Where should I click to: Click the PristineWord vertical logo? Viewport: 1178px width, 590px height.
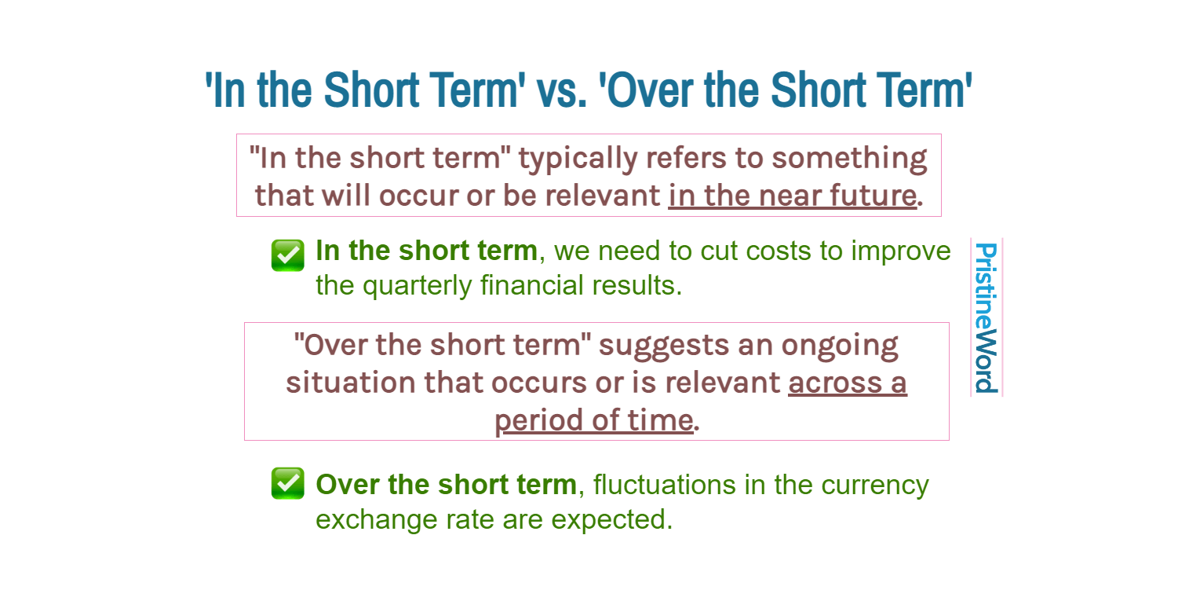pyautogui.click(x=986, y=317)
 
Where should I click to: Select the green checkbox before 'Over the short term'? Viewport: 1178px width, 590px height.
pyautogui.click(x=287, y=483)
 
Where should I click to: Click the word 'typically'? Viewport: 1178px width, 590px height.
pyautogui.click(x=578, y=159)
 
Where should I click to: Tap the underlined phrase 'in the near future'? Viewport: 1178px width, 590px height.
pyautogui.click(x=792, y=196)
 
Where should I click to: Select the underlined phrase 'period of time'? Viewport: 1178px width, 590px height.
pyautogui.click(x=593, y=420)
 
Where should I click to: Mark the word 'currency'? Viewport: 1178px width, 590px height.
pyautogui.click(x=874, y=485)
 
